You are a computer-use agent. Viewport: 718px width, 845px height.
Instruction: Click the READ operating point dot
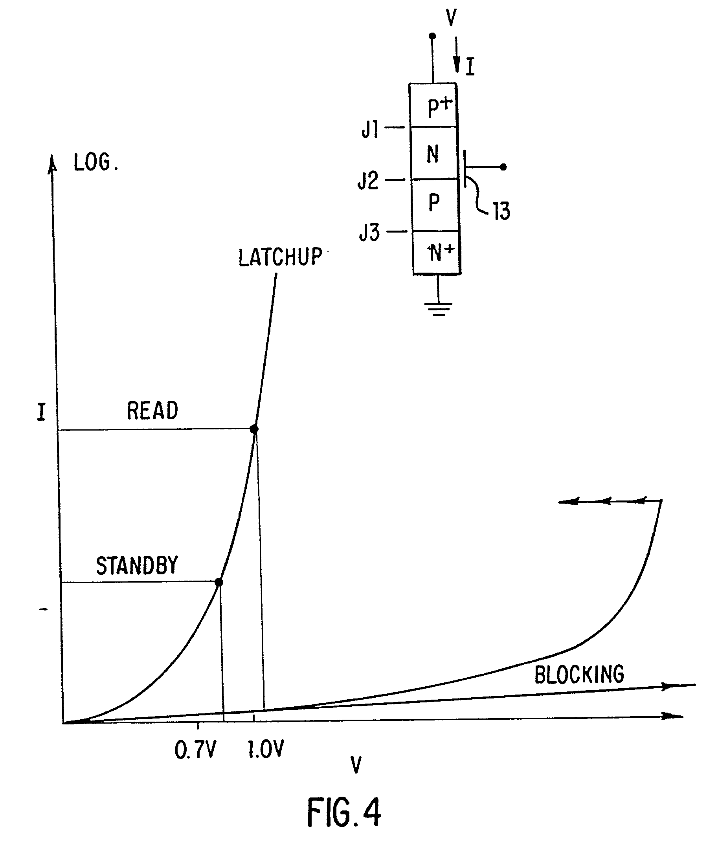pyautogui.click(x=254, y=429)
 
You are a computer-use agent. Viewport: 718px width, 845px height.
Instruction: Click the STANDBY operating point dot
pyautogui.click(x=219, y=582)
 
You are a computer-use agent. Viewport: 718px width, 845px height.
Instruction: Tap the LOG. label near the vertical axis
pyautogui.click(x=96, y=163)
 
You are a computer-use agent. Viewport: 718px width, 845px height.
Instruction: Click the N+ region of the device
pyautogui.click(x=437, y=253)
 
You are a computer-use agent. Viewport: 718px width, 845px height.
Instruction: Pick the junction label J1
pyautogui.click(x=370, y=129)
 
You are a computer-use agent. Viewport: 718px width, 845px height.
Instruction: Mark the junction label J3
pyautogui.click(x=369, y=233)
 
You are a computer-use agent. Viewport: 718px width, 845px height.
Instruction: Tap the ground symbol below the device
pyautogui.click(x=438, y=310)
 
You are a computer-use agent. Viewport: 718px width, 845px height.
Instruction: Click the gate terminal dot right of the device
pyautogui.click(x=503, y=167)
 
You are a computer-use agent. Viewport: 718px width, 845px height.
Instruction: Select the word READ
pyautogui.click(x=152, y=411)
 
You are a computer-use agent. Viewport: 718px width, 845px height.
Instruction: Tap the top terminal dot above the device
pyautogui.click(x=432, y=36)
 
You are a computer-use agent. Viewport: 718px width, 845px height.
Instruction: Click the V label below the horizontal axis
pyautogui.click(x=356, y=764)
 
